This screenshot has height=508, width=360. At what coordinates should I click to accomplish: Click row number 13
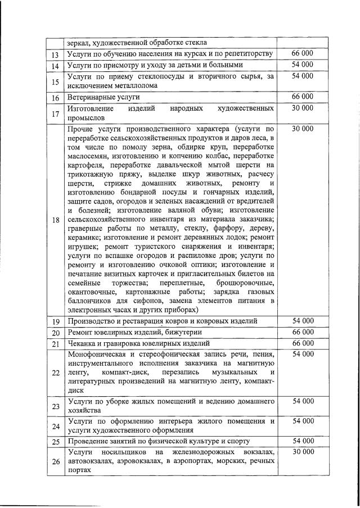tap(56, 54)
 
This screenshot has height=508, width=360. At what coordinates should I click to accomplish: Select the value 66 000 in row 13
tap(303, 53)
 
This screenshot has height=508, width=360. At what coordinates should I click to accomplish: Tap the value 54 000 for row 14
tap(303, 65)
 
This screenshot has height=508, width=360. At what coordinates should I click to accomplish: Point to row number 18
tap(56, 220)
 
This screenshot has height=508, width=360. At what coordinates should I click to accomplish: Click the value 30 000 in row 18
tap(303, 129)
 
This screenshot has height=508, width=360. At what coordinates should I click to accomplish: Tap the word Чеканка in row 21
tap(82, 343)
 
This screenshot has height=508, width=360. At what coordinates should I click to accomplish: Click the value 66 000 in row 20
tap(303, 332)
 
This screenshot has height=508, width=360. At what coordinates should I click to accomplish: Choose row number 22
tap(56, 373)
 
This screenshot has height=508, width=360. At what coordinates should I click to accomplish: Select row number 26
tap(56, 462)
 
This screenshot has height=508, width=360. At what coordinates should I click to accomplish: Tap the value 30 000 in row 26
tap(303, 452)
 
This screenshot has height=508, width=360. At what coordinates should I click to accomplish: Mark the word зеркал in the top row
tap(79, 42)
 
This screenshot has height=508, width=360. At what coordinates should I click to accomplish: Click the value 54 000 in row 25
tap(303, 441)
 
